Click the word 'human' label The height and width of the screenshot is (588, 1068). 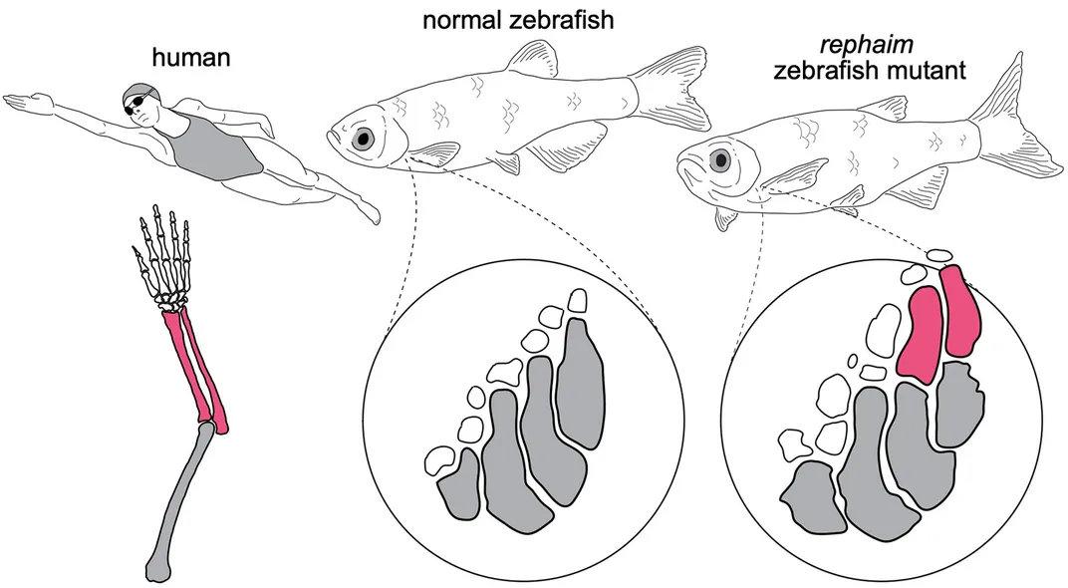click(x=190, y=58)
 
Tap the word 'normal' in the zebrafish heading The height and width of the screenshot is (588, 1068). click(x=462, y=20)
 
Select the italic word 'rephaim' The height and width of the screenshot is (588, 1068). click(x=867, y=45)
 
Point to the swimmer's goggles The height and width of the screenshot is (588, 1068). click(x=135, y=103)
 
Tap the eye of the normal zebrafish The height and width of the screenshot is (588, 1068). click(x=365, y=139)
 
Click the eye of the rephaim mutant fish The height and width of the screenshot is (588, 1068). click(x=720, y=160)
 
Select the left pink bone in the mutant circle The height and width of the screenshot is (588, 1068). click(x=921, y=333)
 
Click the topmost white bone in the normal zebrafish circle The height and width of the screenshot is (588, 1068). click(x=578, y=301)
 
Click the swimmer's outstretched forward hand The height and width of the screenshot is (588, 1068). click(x=26, y=103)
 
